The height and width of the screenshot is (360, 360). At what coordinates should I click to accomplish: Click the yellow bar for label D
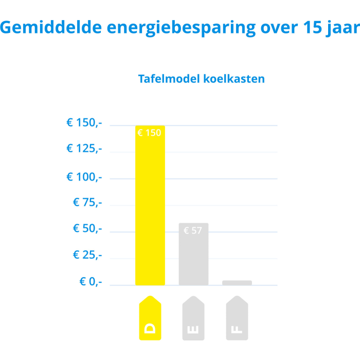(x=150, y=206)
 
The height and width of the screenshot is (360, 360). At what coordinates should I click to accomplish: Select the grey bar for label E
(x=193, y=255)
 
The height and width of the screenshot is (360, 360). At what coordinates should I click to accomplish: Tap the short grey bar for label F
(x=237, y=282)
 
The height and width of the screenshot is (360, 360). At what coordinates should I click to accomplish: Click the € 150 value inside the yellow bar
(x=149, y=133)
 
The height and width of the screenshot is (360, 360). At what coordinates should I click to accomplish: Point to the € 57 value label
(x=193, y=230)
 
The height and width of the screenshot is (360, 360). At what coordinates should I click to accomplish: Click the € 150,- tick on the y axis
(x=84, y=123)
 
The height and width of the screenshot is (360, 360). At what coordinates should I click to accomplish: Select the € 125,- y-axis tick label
(x=84, y=149)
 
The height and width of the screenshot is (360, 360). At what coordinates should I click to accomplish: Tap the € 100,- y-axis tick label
(x=84, y=177)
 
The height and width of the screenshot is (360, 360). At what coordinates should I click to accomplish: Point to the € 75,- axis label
(x=87, y=202)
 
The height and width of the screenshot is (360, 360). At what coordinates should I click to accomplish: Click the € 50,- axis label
(x=87, y=228)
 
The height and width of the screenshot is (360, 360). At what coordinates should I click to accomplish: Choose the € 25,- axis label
(x=87, y=255)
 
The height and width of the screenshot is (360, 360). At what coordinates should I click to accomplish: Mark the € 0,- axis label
(x=91, y=281)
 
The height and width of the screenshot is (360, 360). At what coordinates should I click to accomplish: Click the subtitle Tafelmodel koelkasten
(x=202, y=79)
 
